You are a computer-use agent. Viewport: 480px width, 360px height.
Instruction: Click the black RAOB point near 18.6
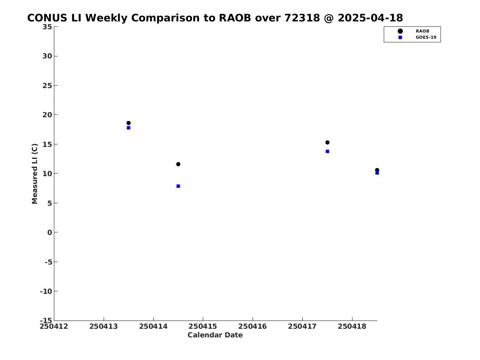129,123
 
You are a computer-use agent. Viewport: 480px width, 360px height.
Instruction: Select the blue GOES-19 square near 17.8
129,128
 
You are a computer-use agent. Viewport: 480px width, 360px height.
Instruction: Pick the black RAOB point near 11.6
178,165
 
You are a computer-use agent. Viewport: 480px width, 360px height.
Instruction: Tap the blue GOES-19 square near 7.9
178,186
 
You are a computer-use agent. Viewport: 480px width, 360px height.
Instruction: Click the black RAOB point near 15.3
327,142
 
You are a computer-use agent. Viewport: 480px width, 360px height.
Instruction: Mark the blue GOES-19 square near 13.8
327,151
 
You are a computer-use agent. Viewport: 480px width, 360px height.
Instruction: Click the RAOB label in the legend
422,31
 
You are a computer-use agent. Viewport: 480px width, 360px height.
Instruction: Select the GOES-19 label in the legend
426,37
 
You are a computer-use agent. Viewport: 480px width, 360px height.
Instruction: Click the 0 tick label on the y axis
50,232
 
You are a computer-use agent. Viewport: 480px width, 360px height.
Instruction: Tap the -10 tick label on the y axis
46,291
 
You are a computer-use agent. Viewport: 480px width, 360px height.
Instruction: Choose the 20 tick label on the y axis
47,115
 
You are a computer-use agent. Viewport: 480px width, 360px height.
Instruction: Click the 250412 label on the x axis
54,327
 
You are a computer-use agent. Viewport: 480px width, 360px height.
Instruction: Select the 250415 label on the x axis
203,327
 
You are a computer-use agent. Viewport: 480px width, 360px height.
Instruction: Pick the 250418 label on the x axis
352,327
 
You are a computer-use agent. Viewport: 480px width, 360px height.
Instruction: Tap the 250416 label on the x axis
253,327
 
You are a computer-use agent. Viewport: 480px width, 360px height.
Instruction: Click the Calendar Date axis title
215,335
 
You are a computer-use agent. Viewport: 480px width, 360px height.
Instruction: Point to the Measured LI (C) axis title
35,174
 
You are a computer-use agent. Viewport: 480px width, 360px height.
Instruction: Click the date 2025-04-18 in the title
371,18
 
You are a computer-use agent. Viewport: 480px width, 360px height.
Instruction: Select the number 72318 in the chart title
302,18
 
